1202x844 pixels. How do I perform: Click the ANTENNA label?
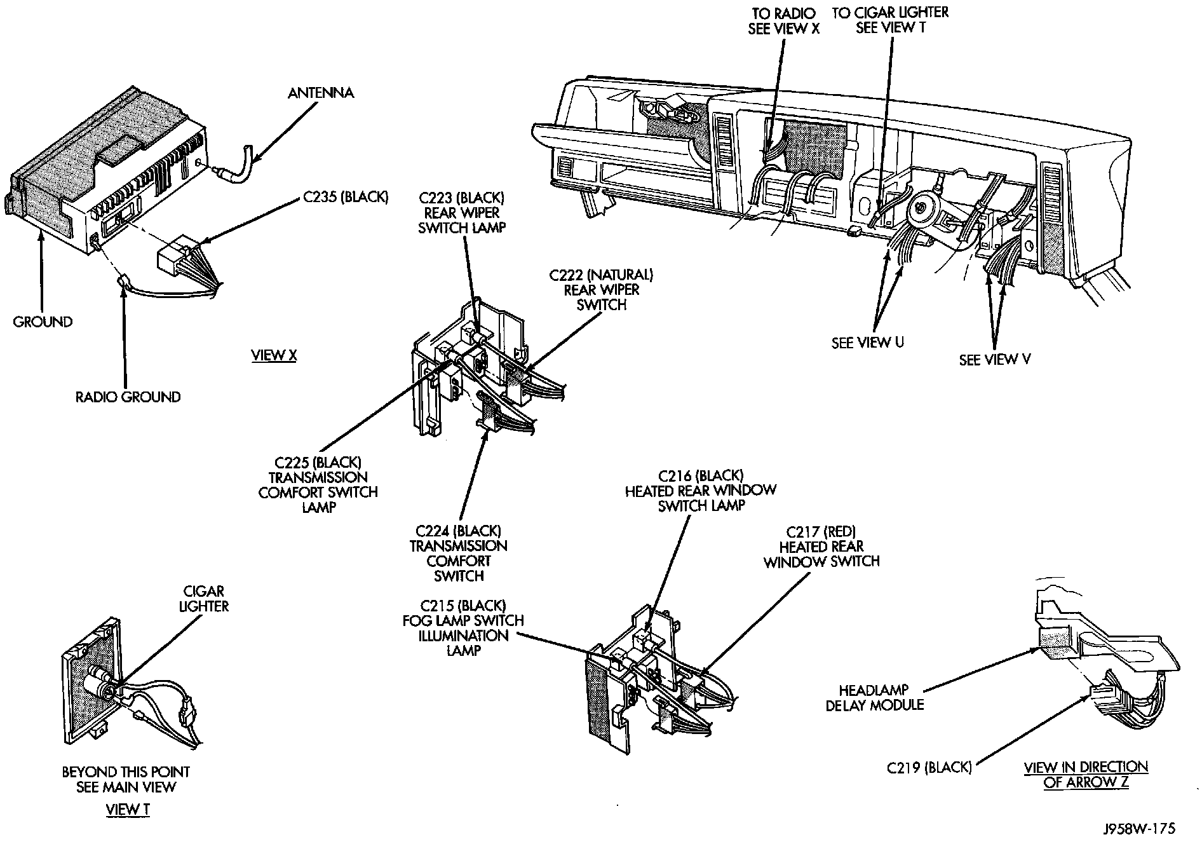(320, 93)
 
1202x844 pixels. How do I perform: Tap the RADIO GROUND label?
(128, 397)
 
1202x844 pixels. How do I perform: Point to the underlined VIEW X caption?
(274, 355)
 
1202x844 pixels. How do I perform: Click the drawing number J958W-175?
(1139, 829)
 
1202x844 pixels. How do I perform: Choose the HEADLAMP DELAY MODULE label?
(874, 697)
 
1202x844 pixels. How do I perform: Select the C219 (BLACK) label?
(929, 768)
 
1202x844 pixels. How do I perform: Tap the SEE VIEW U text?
(867, 343)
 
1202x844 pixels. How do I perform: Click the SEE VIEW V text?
(994, 360)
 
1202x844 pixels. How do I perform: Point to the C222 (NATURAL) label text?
(600, 275)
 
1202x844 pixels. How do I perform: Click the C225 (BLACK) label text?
(318, 462)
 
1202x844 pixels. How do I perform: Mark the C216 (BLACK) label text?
(701, 475)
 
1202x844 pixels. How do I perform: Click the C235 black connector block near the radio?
(173, 259)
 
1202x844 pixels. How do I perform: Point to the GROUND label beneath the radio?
(43, 322)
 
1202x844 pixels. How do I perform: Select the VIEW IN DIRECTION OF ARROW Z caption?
(1086, 775)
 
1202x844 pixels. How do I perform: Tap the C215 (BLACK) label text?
(463, 605)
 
